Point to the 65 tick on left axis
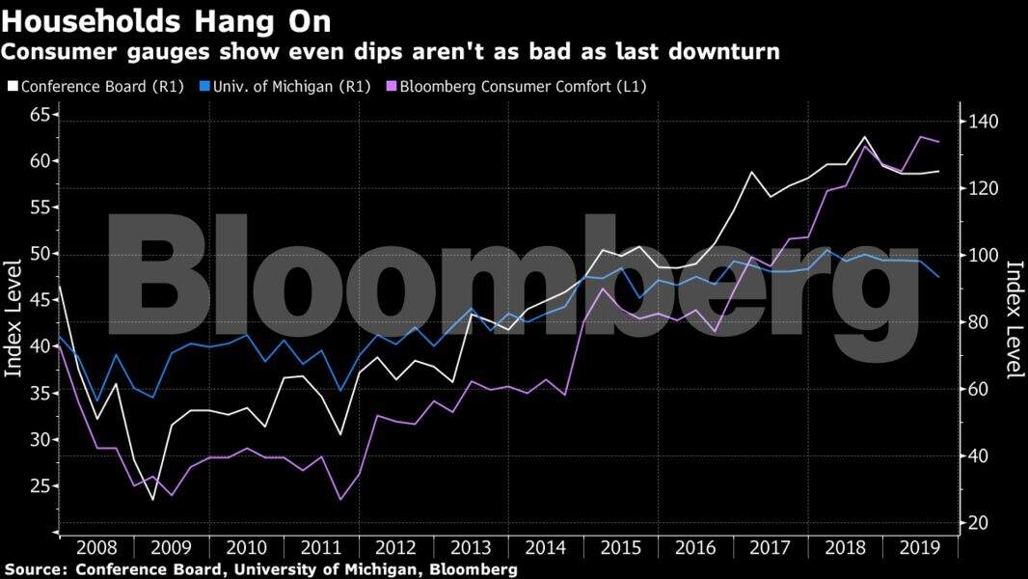pos(38,115)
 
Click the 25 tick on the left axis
pos(38,485)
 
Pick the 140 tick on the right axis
pos(985,122)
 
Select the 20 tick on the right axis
pos(981,523)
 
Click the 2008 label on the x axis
pos(96,548)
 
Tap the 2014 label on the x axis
pos(546,548)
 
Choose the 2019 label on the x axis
pos(921,548)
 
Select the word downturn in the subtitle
pos(727,51)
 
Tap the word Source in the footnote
pos(33,569)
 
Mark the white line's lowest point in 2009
pos(152,500)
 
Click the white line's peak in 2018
pos(864,137)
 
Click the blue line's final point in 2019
pos(938,277)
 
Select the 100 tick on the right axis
pos(985,256)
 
